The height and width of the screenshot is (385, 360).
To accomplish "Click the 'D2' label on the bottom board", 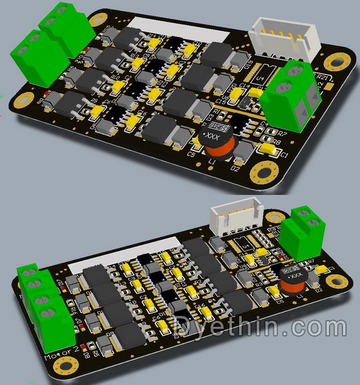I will pyautogui.click(x=318, y=290).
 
